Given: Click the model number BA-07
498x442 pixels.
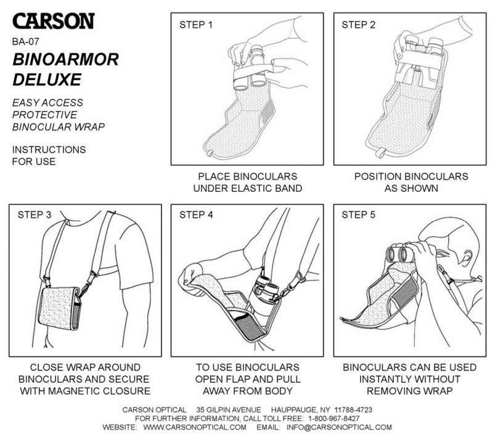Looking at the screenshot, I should point(27,43).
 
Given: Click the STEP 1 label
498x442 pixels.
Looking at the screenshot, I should point(196,25).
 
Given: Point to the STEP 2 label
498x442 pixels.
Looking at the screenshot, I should point(359,25).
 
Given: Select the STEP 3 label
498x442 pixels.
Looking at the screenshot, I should point(35,215).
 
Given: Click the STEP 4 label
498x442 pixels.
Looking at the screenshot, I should point(196,215).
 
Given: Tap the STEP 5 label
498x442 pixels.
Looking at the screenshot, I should point(359,215).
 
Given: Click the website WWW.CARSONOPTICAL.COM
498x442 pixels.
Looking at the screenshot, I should point(194,427).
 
